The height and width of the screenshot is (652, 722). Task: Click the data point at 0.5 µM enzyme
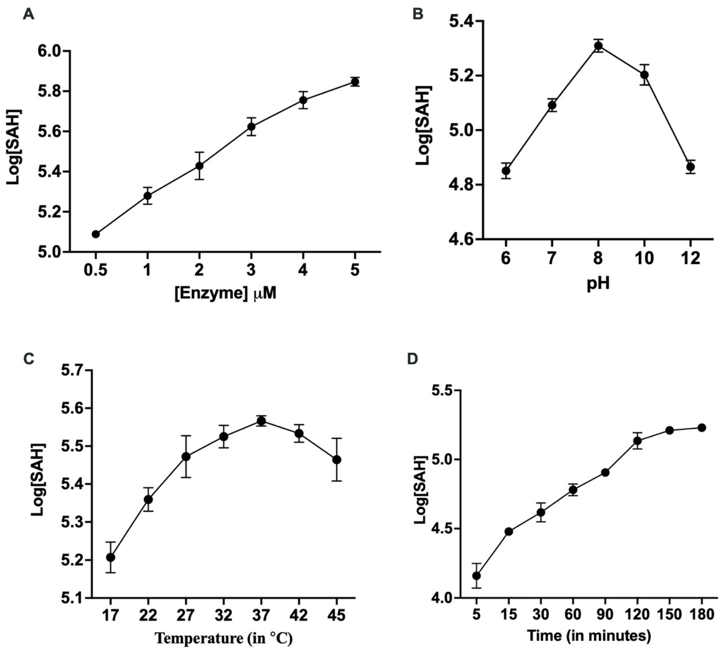96,234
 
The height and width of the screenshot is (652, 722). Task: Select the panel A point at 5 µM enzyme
355,82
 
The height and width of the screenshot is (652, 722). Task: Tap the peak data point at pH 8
598,45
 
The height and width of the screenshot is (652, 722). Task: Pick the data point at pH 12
691,167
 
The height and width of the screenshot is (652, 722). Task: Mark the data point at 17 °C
111,558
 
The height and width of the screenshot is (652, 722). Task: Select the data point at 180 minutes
702,427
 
